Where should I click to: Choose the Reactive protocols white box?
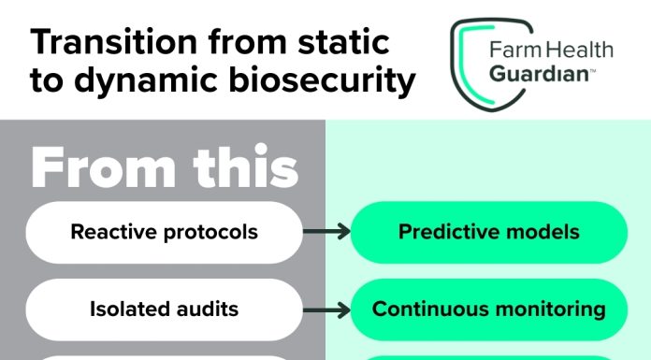coord(164,232)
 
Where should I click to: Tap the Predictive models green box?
coord(488,232)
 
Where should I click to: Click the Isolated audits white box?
coord(164,308)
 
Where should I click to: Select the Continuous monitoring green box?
coord(488,308)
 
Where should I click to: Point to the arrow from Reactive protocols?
coord(325,232)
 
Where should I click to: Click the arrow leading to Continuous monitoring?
coord(325,308)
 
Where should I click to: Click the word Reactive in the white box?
coord(109,232)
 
